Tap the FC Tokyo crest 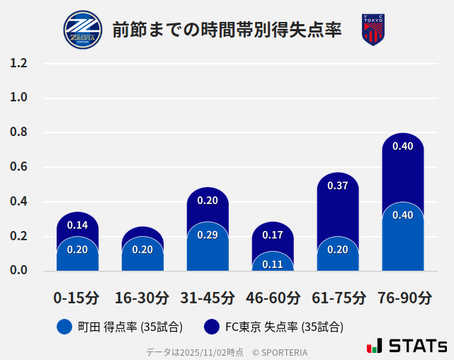[373, 30]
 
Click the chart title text [227, 30]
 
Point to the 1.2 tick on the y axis [18, 63]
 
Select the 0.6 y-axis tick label [18, 167]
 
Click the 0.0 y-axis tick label [18, 270]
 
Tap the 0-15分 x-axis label [77, 298]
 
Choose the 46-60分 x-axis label [273, 298]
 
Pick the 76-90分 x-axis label [403, 298]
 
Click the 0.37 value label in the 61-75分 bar [338, 186]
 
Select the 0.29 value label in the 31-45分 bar [208, 235]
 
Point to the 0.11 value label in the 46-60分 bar [273, 264]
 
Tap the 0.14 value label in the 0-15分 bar [77, 225]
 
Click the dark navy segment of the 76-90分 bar [403, 170]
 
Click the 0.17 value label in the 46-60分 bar [273, 235]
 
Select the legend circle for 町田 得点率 [64, 327]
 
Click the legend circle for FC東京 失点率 [211, 327]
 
